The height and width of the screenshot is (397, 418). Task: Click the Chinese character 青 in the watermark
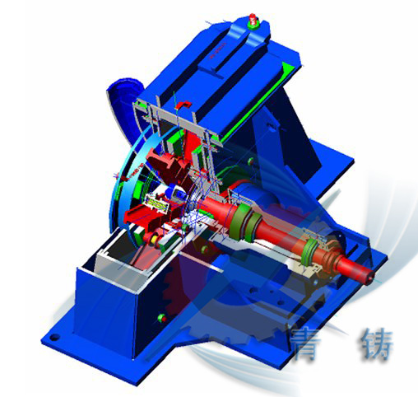[x=306, y=345]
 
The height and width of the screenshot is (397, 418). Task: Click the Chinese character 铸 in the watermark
[x=377, y=344]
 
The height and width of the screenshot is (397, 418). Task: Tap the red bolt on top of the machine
[x=253, y=21]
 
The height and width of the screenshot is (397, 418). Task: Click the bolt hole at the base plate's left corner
[x=55, y=337]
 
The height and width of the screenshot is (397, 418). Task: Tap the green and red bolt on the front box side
[x=162, y=318]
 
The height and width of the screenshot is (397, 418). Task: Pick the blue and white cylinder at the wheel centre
[x=175, y=193]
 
